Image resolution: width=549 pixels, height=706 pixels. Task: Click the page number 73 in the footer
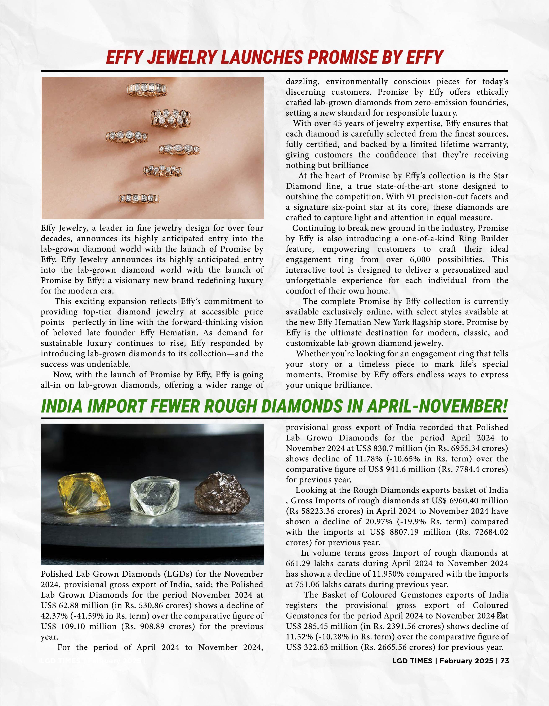pos(505,661)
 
